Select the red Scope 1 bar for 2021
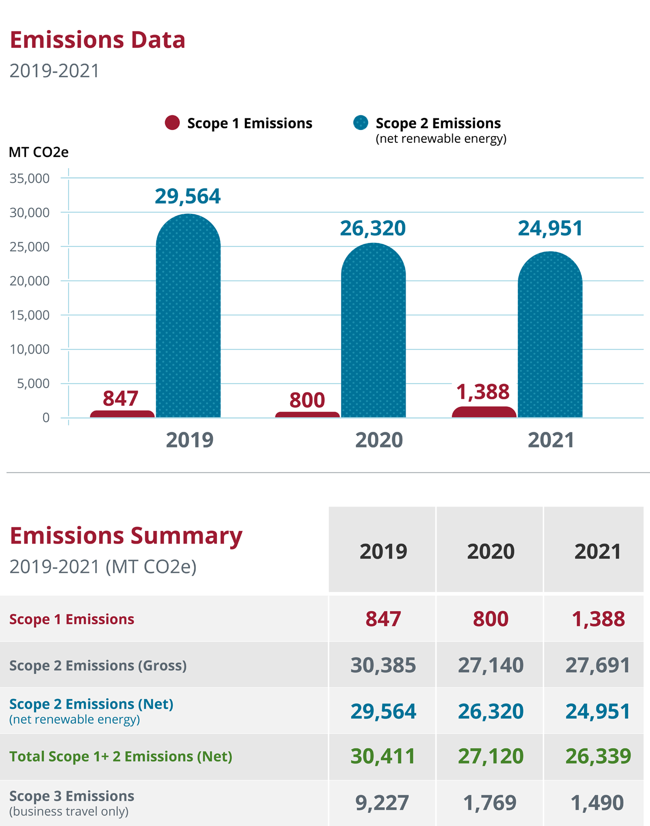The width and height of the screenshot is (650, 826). (484, 412)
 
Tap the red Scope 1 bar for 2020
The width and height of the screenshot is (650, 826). (307, 415)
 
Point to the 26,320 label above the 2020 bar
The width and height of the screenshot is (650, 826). (373, 229)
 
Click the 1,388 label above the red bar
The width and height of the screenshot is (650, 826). (482, 392)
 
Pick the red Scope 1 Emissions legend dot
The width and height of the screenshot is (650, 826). (172, 123)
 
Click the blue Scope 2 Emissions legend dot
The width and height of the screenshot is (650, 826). (360, 123)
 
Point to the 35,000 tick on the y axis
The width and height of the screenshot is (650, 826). (29, 178)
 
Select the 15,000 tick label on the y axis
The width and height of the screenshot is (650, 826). (29, 315)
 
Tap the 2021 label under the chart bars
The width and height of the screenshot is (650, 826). (550, 440)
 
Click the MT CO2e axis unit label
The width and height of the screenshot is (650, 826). (39, 152)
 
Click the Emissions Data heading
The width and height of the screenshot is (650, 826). (98, 40)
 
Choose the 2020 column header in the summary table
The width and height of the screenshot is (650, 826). (490, 552)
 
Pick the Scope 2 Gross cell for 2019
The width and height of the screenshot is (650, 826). (383, 665)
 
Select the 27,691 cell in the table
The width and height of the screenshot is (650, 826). (598, 665)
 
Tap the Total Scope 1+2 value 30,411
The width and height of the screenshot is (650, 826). (383, 756)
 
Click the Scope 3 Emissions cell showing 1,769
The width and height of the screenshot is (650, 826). (490, 803)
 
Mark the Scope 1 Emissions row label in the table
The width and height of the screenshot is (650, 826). (72, 619)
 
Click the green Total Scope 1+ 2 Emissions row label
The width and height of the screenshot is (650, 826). (120, 756)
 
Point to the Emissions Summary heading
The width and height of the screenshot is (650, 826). (126, 536)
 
